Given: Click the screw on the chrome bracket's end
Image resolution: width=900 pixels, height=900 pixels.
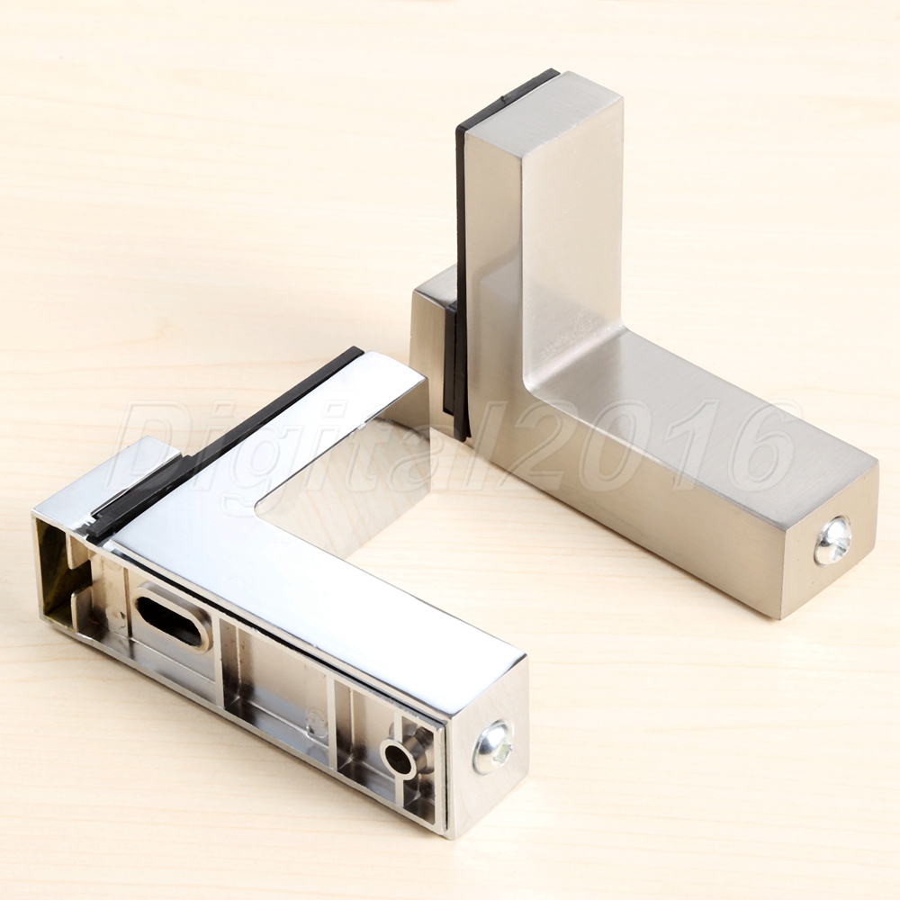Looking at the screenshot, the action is [x=492, y=747].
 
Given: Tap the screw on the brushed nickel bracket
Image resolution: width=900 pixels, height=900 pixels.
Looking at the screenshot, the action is [x=832, y=540].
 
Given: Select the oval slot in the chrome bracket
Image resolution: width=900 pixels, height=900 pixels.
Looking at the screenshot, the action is [x=171, y=619].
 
